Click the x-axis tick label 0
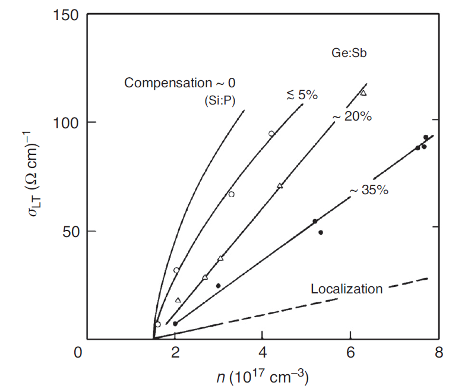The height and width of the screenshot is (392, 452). point(77,353)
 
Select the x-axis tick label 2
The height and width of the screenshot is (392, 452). point(175,353)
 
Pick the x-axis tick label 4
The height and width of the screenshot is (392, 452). point(263,353)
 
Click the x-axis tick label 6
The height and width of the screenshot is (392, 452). point(351,353)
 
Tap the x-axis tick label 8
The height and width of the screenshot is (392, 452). point(438,353)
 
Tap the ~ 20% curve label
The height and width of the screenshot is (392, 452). point(352,117)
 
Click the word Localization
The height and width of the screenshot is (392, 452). point(347,289)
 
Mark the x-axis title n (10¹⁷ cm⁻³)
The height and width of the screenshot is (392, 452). point(263,378)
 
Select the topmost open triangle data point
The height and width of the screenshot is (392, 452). point(363,93)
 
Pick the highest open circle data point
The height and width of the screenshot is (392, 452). point(271,134)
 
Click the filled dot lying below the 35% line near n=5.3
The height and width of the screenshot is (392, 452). point(321,232)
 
